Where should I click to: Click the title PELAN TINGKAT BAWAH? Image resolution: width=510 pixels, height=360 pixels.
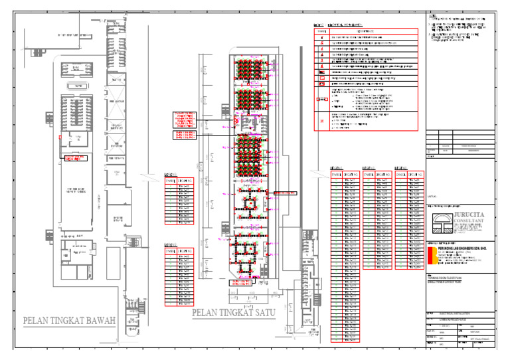(70, 321)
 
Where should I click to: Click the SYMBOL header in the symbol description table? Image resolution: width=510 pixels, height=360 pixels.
(321, 31)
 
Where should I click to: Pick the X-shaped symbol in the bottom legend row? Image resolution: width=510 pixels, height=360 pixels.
(321, 122)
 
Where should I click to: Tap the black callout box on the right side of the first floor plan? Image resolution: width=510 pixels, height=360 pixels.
(285, 193)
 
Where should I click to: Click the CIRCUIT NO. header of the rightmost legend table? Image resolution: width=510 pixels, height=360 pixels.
(414, 175)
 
